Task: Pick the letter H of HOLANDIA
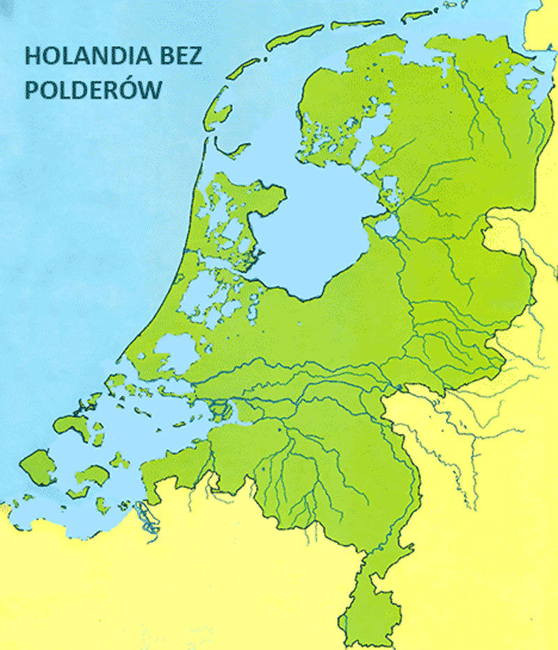pos(31,56)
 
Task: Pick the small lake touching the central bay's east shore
pos(385,225)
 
